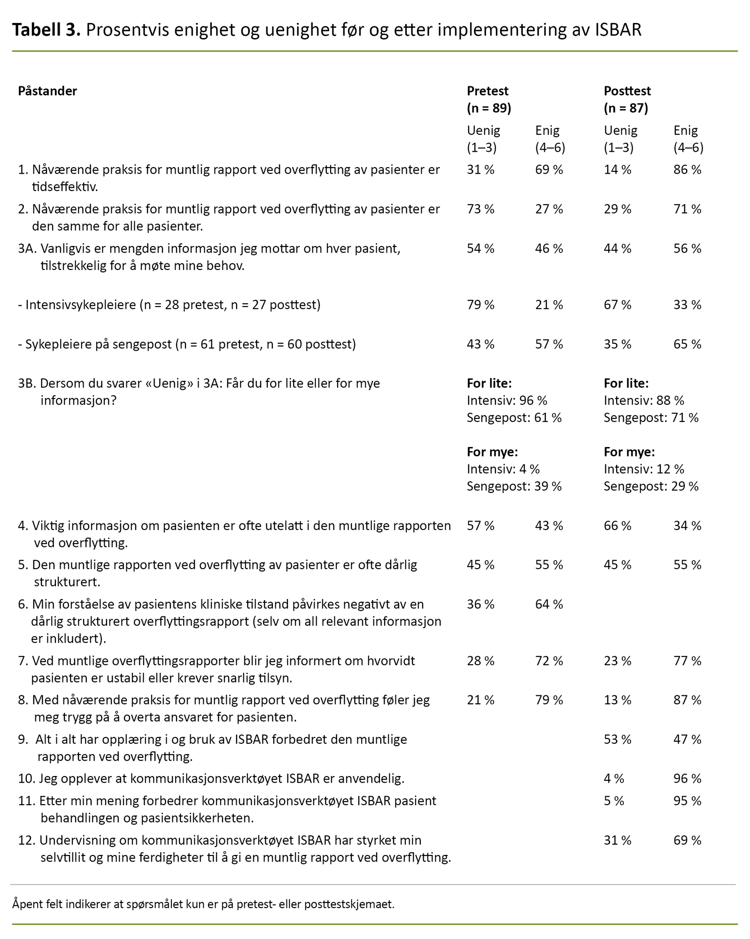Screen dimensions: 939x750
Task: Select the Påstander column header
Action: pos(47,91)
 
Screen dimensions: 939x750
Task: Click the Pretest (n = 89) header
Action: pos(488,100)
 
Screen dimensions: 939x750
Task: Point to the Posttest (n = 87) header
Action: pos(627,100)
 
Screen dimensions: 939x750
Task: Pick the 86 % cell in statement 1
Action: pos(687,170)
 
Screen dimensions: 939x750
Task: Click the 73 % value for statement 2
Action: pos(480,209)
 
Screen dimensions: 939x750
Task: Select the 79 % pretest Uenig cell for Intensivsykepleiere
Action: pos(480,305)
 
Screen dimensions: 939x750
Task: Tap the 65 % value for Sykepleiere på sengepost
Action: pos(687,345)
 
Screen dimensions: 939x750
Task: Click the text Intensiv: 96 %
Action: pos(507,400)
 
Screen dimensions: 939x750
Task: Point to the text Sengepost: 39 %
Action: pos(514,486)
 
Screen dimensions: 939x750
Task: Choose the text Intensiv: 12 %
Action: pos(644,469)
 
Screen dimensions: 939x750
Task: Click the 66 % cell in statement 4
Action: pos(618,526)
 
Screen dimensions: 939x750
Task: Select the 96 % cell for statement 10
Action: pos(687,779)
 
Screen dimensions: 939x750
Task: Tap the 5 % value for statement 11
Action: pos(614,801)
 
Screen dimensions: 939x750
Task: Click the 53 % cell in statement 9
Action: pos(618,740)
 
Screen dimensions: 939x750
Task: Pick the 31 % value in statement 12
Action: pos(618,840)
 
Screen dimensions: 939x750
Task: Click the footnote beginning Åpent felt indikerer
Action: pos(203,904)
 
